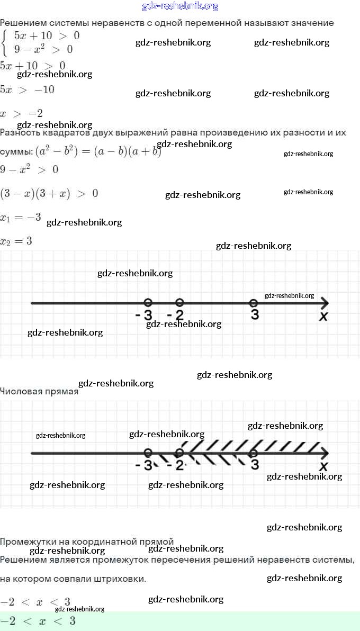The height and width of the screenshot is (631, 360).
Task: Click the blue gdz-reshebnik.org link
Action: [180, 6]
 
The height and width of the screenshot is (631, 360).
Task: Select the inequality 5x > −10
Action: [27, 89]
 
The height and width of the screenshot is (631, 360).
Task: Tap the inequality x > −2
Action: [21, 113]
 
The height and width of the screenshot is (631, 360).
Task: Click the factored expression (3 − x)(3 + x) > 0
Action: [49, 193]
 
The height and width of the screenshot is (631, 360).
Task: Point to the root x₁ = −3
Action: [21, 217]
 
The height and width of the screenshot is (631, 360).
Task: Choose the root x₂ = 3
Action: [16, 241]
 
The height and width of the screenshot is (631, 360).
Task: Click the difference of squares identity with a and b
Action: [98, 151]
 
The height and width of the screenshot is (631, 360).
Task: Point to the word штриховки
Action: [120, 579]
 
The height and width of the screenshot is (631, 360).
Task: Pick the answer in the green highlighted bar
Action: [38, 621]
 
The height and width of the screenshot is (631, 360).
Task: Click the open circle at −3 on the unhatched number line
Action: [148, 302]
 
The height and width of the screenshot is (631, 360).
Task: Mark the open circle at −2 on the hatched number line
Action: [179, 453]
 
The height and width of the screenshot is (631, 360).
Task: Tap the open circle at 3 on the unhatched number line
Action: [254, 303]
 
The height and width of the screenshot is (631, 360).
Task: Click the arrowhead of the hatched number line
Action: [324, 453]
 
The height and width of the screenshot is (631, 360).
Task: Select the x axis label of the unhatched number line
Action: [323, 317]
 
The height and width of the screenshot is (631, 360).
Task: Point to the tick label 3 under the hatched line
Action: [255, 465]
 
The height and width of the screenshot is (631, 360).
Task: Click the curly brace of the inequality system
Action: [5, 43]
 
